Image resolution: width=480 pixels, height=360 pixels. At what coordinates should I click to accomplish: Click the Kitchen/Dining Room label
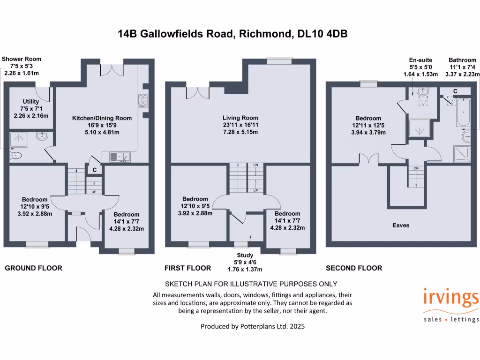[x=101, y=118]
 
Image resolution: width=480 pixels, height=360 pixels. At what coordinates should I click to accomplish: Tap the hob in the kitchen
[x=142, y=100]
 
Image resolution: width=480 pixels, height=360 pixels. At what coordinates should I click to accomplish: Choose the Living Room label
[x=240, y=118]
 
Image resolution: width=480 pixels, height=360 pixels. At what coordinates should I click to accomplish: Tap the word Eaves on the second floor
[x=401, y=225]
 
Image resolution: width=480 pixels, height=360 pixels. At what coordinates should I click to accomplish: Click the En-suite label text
[x=420, y=60]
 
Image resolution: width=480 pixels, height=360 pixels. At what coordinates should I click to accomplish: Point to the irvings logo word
[x=450, y=299]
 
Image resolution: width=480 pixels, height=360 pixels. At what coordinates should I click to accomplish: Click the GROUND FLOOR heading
[x=33, y=268]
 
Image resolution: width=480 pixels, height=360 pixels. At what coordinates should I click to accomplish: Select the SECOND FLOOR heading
[x=354, y=268]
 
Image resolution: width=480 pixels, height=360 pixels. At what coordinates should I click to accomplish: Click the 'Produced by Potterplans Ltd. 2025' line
[x=253, y=326]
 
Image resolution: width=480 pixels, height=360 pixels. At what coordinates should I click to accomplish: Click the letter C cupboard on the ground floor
[x=94, y=170]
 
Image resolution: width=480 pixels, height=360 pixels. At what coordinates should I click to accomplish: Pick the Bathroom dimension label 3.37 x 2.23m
[x=464, y=74]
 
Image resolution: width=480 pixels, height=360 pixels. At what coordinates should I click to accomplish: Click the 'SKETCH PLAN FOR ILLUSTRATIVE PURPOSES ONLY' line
[x=251, y=284]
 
